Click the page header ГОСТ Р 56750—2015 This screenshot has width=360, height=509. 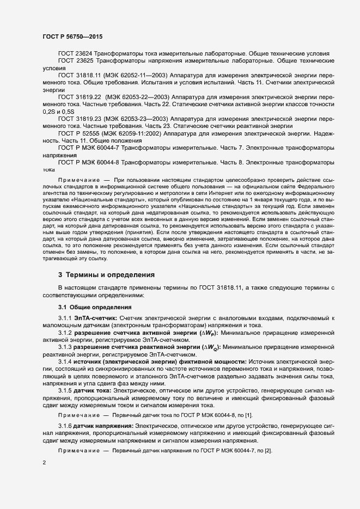(x=72, y=36)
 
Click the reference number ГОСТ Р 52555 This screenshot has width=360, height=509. (x=80, y=132)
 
